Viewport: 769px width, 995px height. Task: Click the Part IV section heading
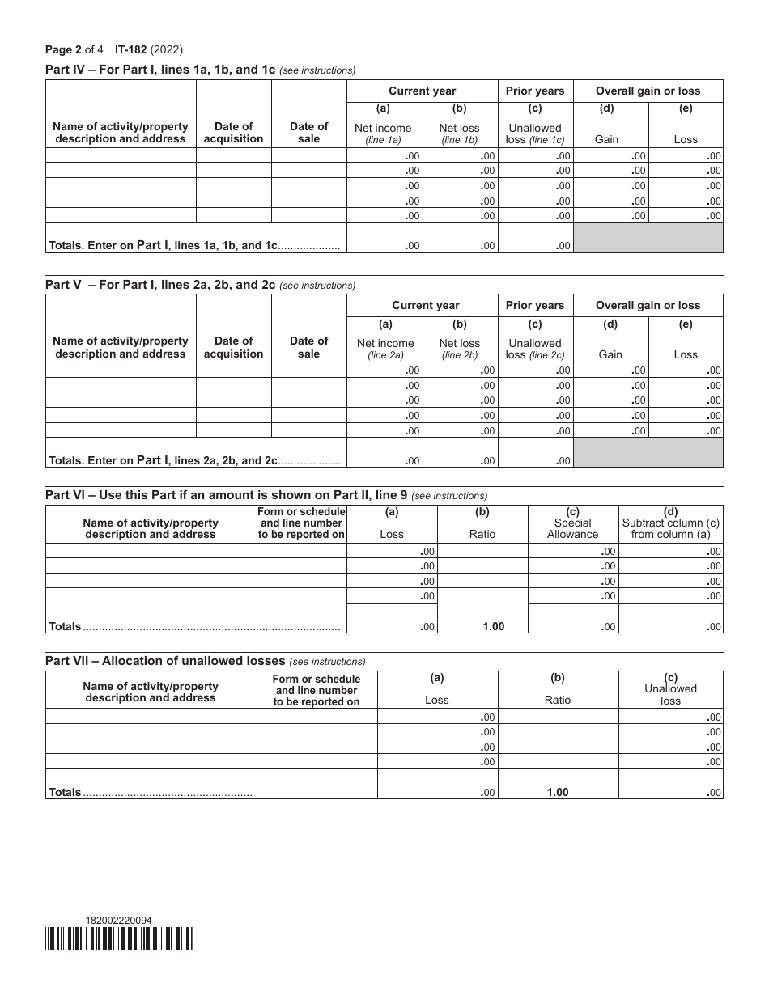[x=161, y=70]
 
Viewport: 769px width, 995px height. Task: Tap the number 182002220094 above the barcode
[x=118, y=920]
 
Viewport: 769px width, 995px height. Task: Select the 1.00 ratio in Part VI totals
[x=482, y=626]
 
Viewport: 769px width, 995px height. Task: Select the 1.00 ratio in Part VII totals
[x=557, y=792]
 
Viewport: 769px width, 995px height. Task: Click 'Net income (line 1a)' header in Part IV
[x=383, y=133]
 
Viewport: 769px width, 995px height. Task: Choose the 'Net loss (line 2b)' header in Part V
[x=459, y=349]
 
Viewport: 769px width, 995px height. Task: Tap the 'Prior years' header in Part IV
[x=535, y=91]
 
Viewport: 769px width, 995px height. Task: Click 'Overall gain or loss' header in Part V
[x=648, y=305]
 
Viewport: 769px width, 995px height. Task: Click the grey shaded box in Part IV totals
[x=648, y=238]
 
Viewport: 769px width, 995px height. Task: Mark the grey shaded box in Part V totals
[x=648, y=452]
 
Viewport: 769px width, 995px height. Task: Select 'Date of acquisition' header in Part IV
[x=233, y=132]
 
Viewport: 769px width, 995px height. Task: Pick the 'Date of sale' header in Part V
[x=308, y=347]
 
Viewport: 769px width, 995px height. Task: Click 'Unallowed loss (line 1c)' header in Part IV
[x=535, y=133]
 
